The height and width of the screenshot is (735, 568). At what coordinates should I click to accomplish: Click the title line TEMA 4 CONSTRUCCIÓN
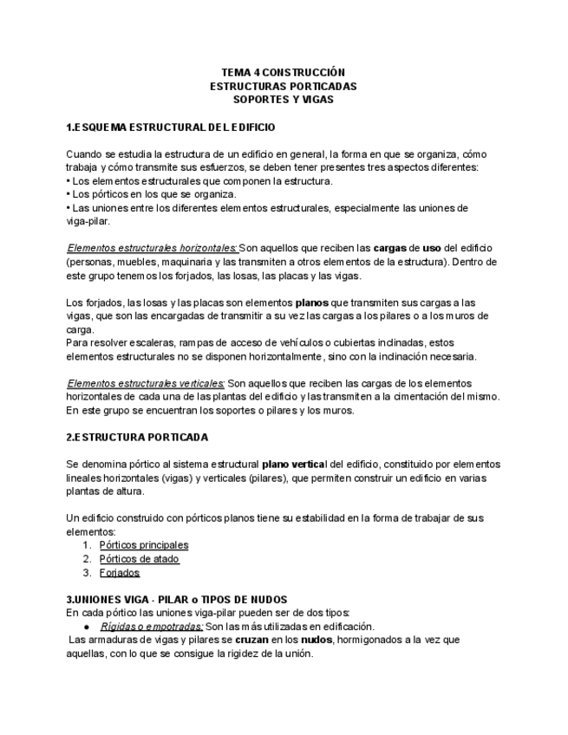pos(284,73)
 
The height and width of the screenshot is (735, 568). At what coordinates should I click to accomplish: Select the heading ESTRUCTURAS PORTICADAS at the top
pos(284,86)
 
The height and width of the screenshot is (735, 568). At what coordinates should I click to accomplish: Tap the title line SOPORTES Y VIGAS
pos(284,99)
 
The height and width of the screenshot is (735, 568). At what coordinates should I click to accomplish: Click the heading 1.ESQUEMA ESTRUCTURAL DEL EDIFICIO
pos(171,127)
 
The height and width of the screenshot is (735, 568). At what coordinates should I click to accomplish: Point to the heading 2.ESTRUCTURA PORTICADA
pos(137,437)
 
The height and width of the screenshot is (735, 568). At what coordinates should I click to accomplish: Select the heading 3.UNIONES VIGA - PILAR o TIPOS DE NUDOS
pos(177,599)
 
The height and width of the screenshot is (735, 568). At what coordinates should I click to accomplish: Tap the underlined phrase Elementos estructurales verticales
pos(146,383)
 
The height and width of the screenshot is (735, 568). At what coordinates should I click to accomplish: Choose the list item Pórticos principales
pos(144,545)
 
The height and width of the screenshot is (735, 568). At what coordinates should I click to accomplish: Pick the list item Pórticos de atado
pos(140,559)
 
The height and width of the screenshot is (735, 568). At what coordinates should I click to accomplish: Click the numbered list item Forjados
pos(120,573)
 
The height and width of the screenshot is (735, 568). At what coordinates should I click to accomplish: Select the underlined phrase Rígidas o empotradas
pos(152,626)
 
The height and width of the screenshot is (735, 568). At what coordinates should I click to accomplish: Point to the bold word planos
pos(312,302)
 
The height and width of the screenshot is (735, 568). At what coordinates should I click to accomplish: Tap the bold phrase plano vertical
pos(299,465)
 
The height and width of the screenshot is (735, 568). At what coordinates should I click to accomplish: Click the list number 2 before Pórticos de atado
pos(88,559)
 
